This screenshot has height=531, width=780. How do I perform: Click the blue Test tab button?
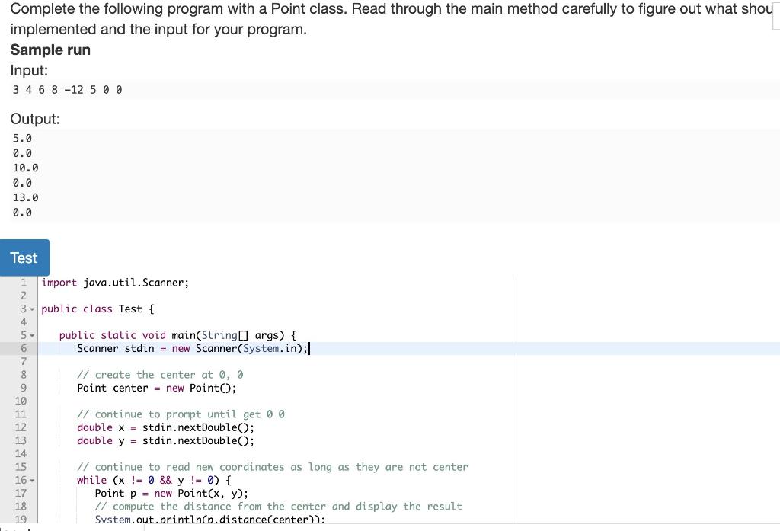[24, 258]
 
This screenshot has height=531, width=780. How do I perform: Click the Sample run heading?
[50, 50]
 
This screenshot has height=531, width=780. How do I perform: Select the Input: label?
[29, 70]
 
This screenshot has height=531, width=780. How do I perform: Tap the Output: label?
[35, 119]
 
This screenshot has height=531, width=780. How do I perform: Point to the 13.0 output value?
[25, 197]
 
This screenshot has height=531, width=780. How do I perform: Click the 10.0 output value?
[25, 168]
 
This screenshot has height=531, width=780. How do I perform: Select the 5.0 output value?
[22, 139]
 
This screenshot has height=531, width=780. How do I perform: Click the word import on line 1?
[59, 283]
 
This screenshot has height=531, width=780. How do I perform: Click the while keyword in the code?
[91, 480]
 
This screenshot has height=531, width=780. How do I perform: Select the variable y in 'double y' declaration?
[121, 440]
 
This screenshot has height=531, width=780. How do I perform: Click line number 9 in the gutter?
[23, 388]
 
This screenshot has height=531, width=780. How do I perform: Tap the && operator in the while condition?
[165, 480]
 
